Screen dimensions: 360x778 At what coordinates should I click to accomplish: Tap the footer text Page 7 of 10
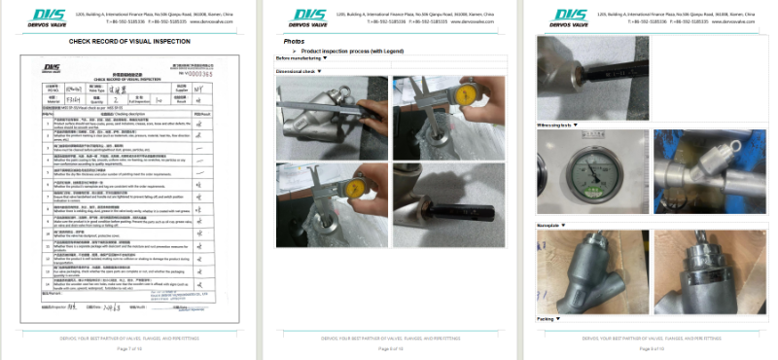tap(129, 347)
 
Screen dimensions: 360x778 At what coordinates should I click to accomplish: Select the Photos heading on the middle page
tap(294, 42)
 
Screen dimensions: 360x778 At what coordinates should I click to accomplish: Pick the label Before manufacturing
tap(302, 58)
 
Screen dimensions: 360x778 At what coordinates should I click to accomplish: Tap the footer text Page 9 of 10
tap(649, 347)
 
